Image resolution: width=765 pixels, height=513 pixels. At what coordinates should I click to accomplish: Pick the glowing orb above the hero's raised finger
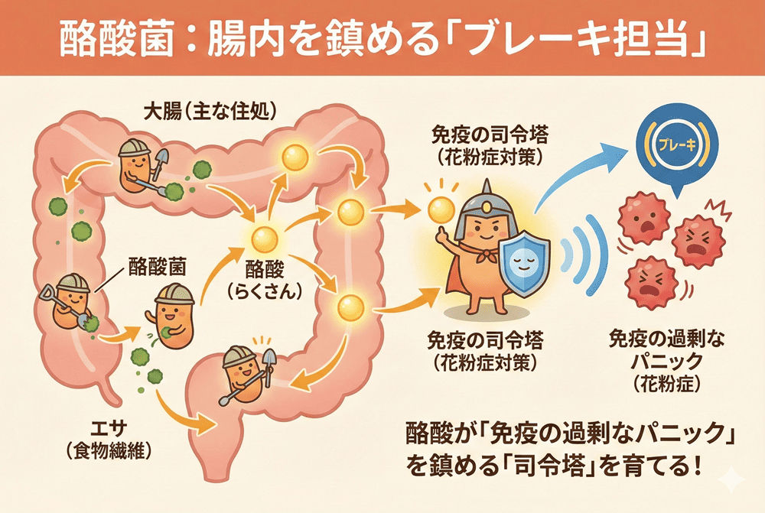coord(441,207)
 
